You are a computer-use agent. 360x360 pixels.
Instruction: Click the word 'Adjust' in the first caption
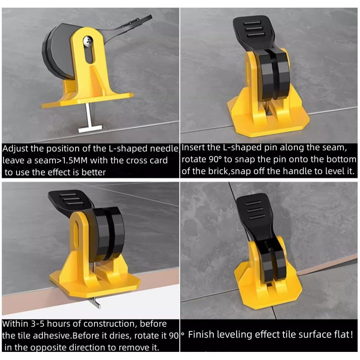pyautogui.click(x=17, y=149)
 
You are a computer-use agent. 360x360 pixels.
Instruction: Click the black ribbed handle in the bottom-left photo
pyautogui.click(x=67, y=200)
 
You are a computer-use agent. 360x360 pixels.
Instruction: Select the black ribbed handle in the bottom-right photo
pyautogui.click(x=254, y=209)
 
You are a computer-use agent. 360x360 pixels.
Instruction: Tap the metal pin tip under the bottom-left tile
pyautogui.click(x=96, y=304)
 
